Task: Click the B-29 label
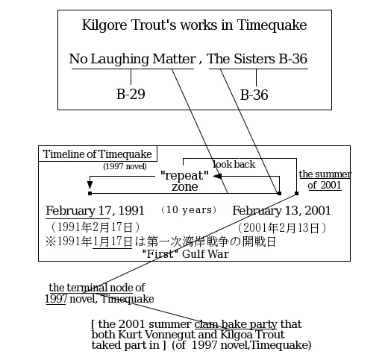pyautogui.click(x=131, y=94)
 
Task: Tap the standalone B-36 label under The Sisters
pyautogui.click(x=254, y=95)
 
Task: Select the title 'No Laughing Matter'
pyautogui.click(x=132, y=60)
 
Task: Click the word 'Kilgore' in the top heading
pyautogui.click(x=104, y=25)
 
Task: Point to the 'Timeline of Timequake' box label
pyautogui.click(x=98, y=154)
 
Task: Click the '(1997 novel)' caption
pyautogui.click(x=125, y=166)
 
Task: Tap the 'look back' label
pyautogui.click(x=234, y=165)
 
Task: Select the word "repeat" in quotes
pyautogui.click(x=184, y=175)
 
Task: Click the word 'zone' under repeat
pyautogui.click(x=185, y=187)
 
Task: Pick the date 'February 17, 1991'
pyautogui.click(x=95, y=211)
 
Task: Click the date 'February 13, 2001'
pyautogui.click(x=281, y=211)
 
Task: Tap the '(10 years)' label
pyautogui.click(x=189, y=210)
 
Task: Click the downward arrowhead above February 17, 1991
pyautogui.click(x=90, y=185)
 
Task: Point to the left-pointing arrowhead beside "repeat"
pyautogui.click(x=217, y=177)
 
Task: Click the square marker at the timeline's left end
pyautogui.click(x=90, y=193)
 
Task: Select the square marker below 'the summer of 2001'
pyautogui.click(x=296, y=193)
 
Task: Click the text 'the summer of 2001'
pyautogui.click(x=325, y=180)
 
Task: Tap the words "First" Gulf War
pyautogui.click(x=185, y=254)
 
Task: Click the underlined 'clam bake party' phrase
pyautogui.click(x=236, y=324)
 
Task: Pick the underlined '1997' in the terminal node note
pyautogui.click(x=56, y=299)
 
